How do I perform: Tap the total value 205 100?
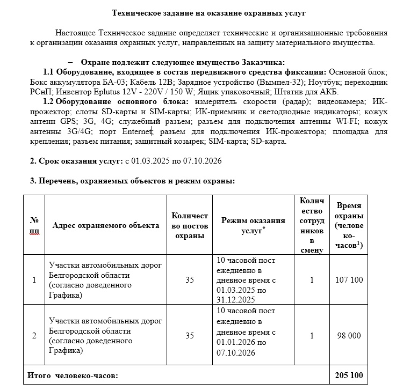pyautogui.click(x=349, y=375)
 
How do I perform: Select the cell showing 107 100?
pyautogui.click(x=349, y=280)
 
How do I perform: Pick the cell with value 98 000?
pyautogui.click(x=349, y=335)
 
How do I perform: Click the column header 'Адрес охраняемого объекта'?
pyautogui.click(x=106, y=225)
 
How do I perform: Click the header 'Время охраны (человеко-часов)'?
pyautogui.click(x=349, y=225)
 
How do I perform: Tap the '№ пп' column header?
pyautogui.click(x=34, y=225)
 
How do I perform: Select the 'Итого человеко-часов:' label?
pyautogui.click(x=73, y=375)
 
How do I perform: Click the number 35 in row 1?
pyautogui.click(x=189, y=280)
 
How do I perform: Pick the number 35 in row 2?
pyautogui.click(x=189, y=335)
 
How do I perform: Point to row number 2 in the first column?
pyautogui.click(x=34, y=335)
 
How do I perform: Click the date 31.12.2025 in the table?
pyautogui.click(x=236, y=299)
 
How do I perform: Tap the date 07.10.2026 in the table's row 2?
pyautogui.click(x=236, y=353)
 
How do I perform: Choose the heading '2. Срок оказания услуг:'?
pyautogui.click(x=76, y=161)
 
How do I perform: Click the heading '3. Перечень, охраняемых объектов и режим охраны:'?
pyautogui.click(x=132, y=181)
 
